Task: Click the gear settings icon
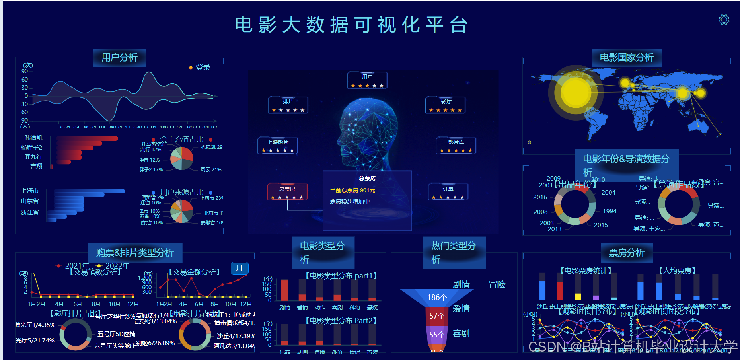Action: point(724,19)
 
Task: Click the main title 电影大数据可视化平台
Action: point(351,25)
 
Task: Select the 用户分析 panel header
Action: point(120,58)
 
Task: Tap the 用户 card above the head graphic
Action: point(367,80)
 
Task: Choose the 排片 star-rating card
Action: point(288,105)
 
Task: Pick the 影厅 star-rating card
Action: point(446,105)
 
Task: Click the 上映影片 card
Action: point(278,145)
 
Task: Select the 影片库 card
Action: point(456,145)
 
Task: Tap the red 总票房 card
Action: point(287,192)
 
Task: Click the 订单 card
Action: point(448,192)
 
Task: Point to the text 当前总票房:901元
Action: point(352,190)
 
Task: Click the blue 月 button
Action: point(240,268)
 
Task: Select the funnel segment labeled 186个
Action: point(437,297)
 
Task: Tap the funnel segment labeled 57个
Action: point(437,316)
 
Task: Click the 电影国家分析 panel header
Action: point(627,58)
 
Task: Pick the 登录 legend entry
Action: point(200,67)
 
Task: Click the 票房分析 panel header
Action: point(627,253)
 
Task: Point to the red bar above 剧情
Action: point(284,290)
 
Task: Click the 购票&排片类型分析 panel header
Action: point(135,253)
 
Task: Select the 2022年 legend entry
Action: point(113,265)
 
